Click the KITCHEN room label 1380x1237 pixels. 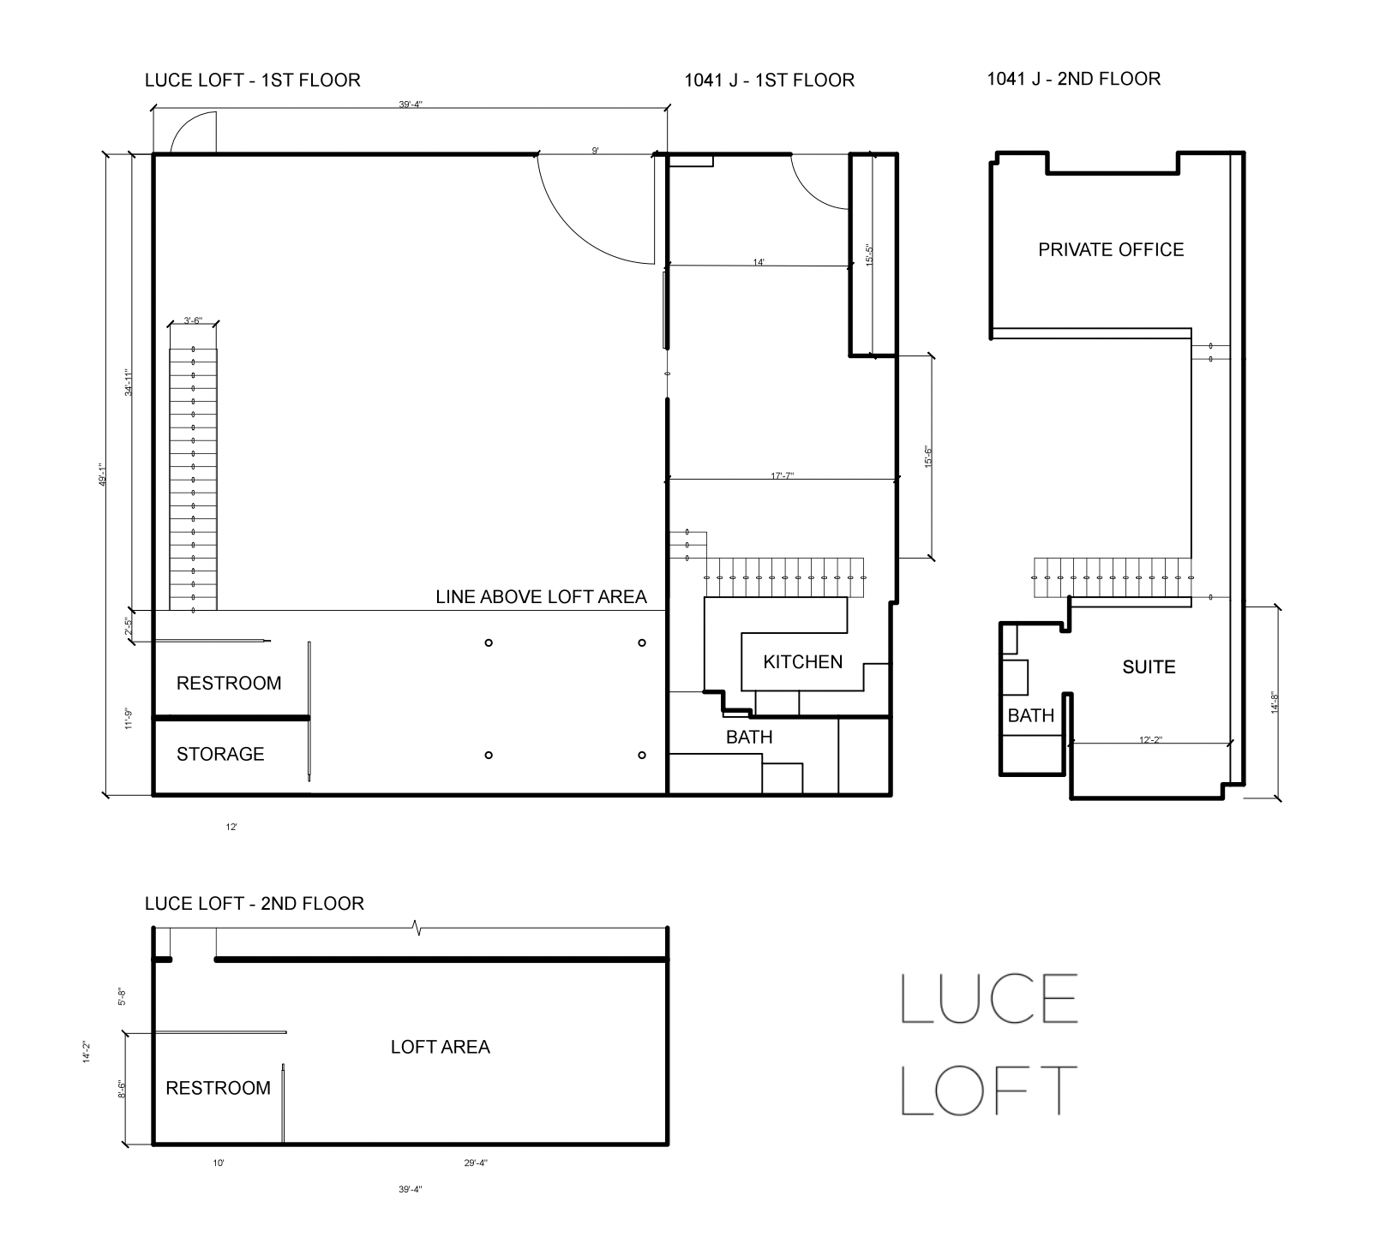802,661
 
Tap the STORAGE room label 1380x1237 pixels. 220,754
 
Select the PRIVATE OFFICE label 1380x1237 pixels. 1111,249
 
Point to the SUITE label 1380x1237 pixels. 1149,666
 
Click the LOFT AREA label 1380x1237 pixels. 440,1046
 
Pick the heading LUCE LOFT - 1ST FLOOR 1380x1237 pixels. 253,80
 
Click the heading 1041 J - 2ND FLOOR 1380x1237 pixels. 1074,79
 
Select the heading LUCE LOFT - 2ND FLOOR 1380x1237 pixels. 255,903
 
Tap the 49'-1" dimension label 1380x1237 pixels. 101,475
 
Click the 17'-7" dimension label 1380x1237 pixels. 781,475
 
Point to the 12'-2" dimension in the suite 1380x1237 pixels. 1150,738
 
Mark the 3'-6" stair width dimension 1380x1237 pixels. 193,321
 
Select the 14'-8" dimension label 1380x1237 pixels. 1275,703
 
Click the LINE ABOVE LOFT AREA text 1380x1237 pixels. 541,596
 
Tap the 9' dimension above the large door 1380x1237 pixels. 595,151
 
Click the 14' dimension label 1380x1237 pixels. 759,262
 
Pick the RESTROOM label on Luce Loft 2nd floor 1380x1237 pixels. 218,1088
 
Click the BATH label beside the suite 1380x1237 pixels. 1030,715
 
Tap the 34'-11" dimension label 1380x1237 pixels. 128,382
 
